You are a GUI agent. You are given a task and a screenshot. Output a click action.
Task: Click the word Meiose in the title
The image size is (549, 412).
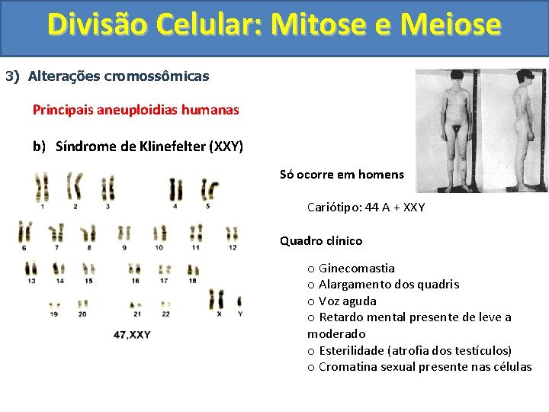pos(454,24)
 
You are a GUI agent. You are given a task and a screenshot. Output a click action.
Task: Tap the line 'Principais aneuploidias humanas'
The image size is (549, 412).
pos(136,110)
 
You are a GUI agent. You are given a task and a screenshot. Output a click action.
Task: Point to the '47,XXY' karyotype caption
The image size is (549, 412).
pos(132,334)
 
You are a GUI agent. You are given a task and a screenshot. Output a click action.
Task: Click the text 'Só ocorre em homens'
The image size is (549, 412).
pos(342,174)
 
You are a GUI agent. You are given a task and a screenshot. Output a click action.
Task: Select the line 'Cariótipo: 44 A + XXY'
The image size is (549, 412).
pos(366,207)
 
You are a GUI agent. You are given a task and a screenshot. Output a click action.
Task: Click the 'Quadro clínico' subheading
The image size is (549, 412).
pos(321,240)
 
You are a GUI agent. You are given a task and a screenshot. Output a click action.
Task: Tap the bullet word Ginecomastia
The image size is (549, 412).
pos(356,268)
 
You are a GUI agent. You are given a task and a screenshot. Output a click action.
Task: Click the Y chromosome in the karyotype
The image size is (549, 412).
pos(239,300)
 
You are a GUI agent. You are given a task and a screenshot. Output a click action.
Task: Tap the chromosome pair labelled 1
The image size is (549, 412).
pos(42,186)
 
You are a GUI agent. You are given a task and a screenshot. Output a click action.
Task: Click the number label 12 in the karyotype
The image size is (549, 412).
pos(233,247)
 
